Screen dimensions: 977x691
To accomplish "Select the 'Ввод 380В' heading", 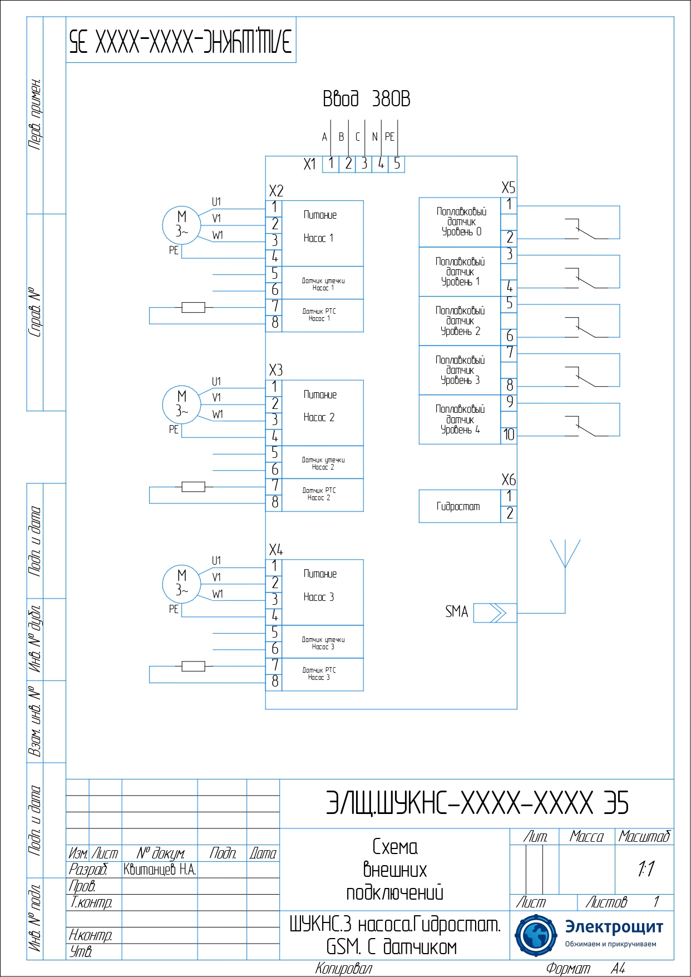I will tap(366, 99).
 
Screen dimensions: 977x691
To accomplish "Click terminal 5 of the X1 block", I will tap(397, 164).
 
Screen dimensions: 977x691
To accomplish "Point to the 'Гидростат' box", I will tap(460, 506).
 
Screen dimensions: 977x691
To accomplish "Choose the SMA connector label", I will tap(456, 612).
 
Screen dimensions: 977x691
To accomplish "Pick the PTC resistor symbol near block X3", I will tap(193, 487).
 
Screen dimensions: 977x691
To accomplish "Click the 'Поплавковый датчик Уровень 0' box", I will tap(460, 222).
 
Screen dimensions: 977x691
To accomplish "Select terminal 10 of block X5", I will tap(509, 435).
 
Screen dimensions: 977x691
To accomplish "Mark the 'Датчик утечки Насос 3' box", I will tap(323, 643).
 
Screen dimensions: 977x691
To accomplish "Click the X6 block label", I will tap(508, 480).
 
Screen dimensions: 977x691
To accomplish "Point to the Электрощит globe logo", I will tap(535, 935).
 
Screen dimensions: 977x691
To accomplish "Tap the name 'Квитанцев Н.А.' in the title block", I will tap(160, 870).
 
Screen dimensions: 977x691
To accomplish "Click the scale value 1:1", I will tap(645, 869).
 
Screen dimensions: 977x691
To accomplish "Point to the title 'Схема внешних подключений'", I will tap(394, 870).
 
